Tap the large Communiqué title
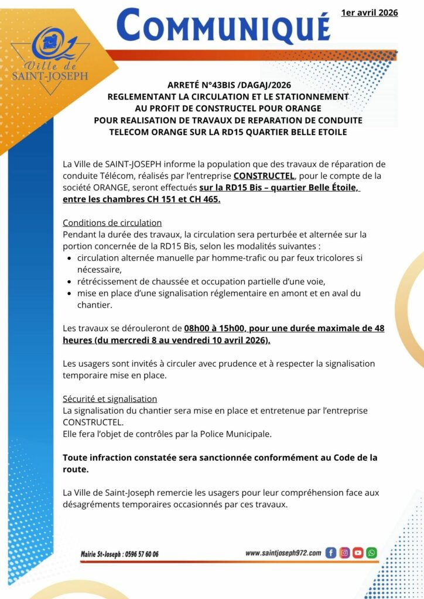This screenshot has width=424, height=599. click(x=223, y=26)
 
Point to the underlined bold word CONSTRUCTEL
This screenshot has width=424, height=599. click(x=261, y=175)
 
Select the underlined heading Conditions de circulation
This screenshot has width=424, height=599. click(x=112, y=223)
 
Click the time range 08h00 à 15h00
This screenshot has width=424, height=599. click(x=218, y=328)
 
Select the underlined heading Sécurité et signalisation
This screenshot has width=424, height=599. click(x=110, y=399)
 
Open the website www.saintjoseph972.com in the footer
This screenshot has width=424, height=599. click(x=283, y=553)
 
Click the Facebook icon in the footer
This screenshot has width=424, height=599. click(x=330, y=553)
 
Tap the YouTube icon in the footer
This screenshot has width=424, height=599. click(x=358, y=553)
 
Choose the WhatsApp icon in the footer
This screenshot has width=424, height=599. click(x=371, y=553)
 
